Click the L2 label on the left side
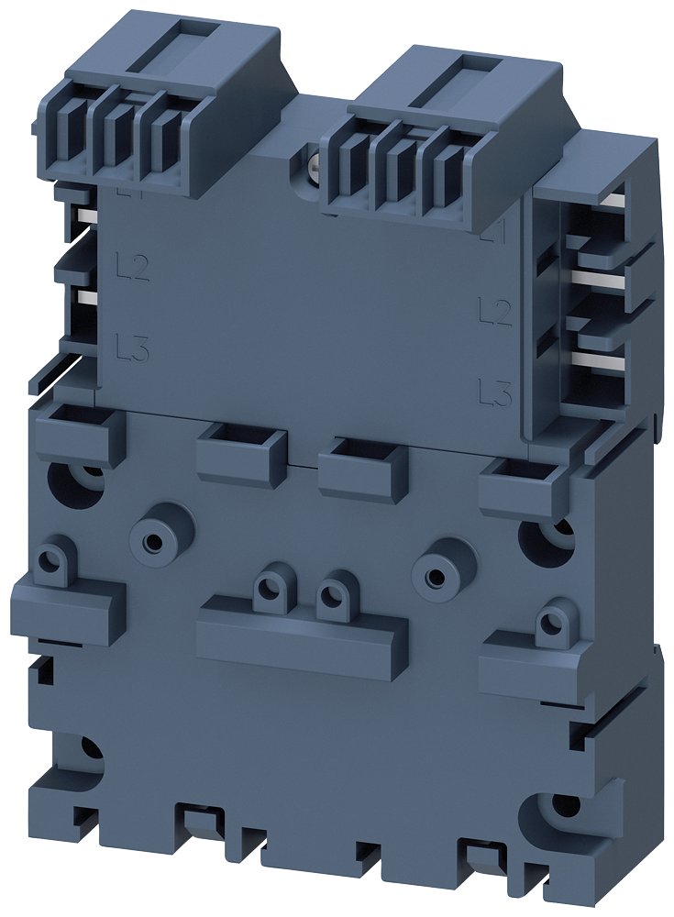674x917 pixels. [134, 268]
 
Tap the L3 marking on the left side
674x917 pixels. [134, 347]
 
